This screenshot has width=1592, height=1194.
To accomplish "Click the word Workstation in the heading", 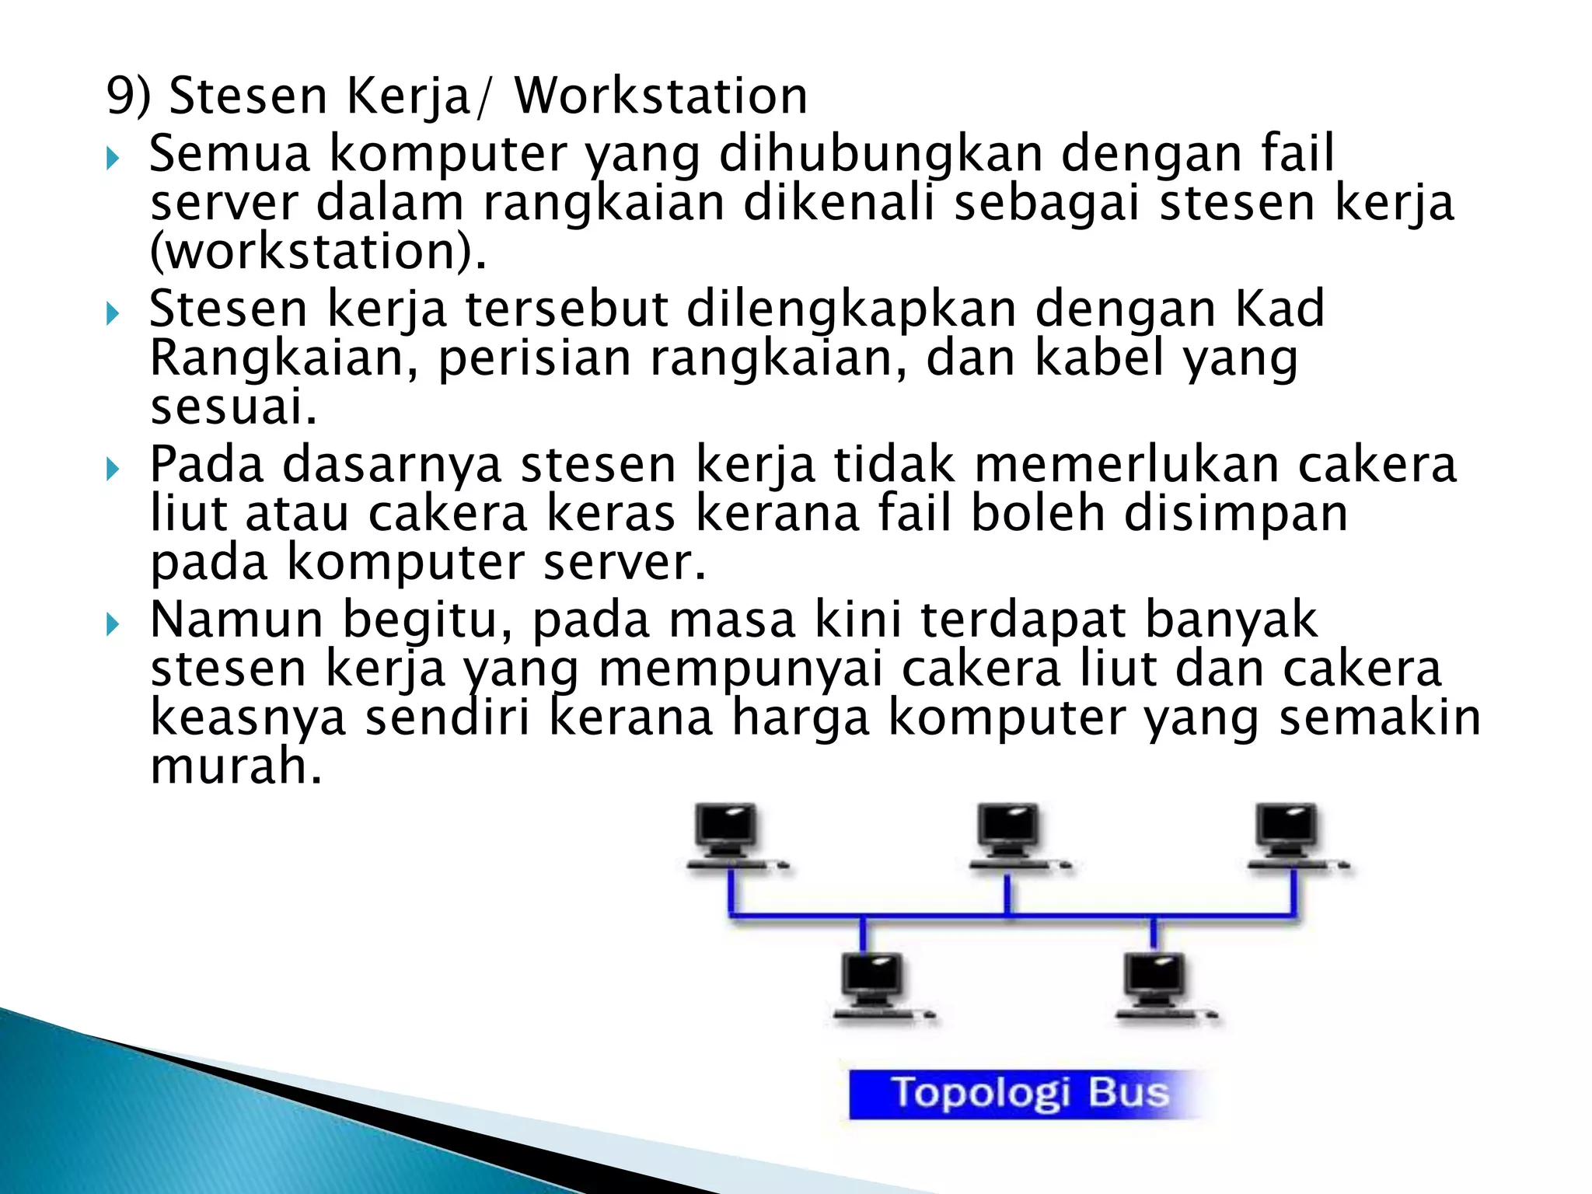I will coord(661,96).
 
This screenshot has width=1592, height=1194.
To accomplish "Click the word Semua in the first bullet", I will coord(230,153).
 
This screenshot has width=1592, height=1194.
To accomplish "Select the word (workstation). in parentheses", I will coord(319,252).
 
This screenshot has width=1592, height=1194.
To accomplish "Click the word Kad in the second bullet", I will coord(1280,309).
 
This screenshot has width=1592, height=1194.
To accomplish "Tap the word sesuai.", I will coord(233,407).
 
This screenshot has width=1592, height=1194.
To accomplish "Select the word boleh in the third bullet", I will coord(1038,514).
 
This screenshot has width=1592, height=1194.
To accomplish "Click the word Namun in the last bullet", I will coord(236,620).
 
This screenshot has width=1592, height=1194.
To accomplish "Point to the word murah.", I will coord(236,766).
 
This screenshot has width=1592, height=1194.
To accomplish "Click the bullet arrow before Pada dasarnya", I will coord(113,469).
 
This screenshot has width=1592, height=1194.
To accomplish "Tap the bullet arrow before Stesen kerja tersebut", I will coord(113,313).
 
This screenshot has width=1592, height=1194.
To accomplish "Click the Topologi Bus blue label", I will coord(1028,1093).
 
